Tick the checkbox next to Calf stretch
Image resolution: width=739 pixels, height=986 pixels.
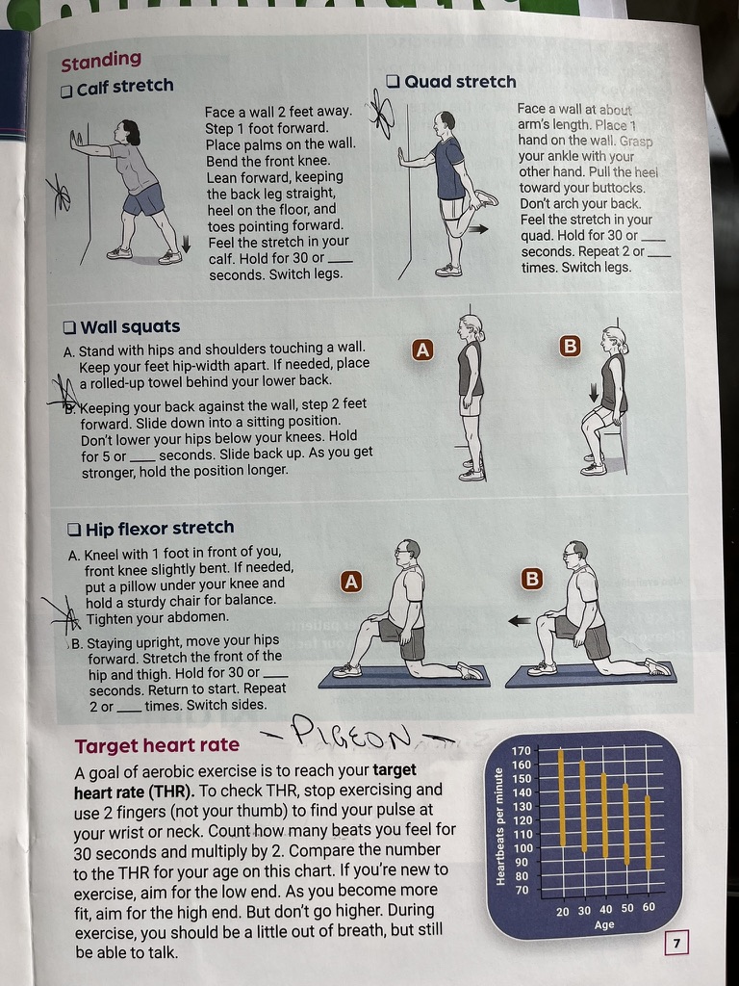(66, 91)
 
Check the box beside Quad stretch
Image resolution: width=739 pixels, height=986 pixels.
(394, 82)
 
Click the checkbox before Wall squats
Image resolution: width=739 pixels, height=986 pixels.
(69, 327)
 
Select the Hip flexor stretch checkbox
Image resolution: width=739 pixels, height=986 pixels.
(74, 529)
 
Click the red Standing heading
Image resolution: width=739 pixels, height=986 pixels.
(101, 61)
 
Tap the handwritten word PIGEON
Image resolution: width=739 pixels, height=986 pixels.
(352, 733)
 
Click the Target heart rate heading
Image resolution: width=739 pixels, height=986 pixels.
(157, 745)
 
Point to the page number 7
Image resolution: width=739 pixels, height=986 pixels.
(676, 943)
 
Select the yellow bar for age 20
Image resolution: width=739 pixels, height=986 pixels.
(562, 797)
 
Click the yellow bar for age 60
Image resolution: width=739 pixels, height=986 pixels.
(648, 833)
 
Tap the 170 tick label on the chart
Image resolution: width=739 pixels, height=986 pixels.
(522, 751)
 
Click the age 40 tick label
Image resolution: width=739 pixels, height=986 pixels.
(606, 909)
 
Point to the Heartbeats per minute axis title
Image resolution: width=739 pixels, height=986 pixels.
(500, 826)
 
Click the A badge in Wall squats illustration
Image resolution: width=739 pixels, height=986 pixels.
(423, 350)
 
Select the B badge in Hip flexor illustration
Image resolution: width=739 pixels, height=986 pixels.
(531, 579)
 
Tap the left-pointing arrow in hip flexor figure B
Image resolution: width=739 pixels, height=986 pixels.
(519, 621)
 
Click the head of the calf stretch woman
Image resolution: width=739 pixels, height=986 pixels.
(128, 133)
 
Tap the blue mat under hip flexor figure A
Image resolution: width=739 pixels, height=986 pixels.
(404, 677)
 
